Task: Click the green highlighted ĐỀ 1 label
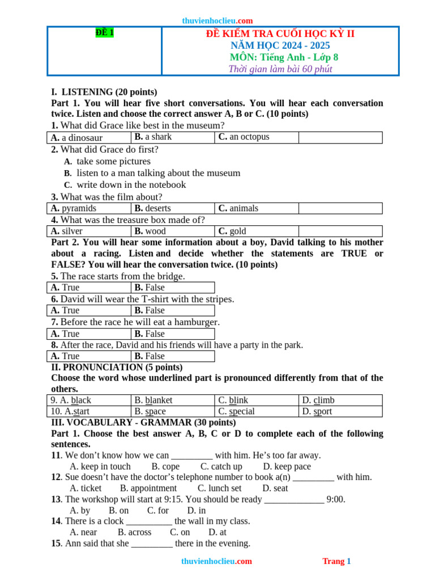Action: pos(105,33)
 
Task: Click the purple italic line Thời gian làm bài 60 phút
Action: pos(280,69)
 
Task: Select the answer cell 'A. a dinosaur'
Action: pos(76,138)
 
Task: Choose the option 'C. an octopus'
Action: pos(244,137)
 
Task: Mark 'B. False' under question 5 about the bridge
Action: pos(150,288)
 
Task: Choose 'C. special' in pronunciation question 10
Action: pos(236,411)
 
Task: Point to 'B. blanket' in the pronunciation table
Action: pos(153,400)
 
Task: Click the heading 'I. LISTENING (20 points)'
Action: pos(104,92)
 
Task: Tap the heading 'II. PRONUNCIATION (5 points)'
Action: pos(117,367)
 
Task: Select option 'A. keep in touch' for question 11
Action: pos(100,466)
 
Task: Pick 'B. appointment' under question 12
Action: pos(148,488)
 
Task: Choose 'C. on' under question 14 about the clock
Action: pos(180,532)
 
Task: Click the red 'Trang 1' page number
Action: pos(336,561)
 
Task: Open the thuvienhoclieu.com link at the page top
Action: pos(217,20)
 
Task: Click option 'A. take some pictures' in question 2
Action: pos(108,161)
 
